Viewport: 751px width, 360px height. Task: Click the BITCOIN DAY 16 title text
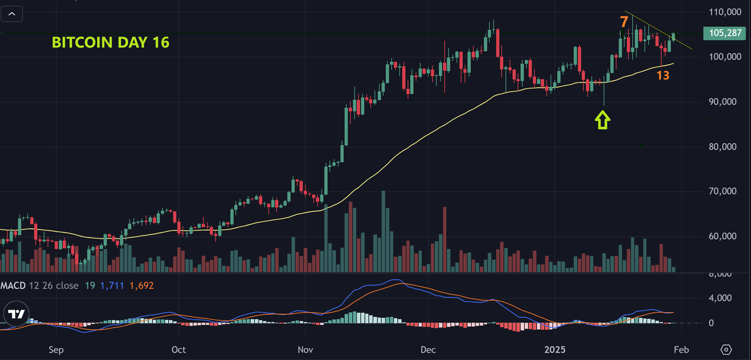click(111, 42)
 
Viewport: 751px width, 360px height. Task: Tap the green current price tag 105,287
click(724, 33)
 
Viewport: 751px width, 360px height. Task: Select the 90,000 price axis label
click(723, 102)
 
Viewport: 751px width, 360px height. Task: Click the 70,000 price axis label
click(723, 191)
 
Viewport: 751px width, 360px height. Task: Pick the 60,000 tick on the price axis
click(723, 236)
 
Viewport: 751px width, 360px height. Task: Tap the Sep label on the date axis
click(56, 350)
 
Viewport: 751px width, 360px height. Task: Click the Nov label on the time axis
click(305, 350)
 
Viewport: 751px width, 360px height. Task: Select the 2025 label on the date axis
click(555, 350)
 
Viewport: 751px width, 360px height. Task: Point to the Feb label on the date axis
click(681, 350)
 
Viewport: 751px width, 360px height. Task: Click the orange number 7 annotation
click(624, 22)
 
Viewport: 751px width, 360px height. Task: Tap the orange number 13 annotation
click(662, 75)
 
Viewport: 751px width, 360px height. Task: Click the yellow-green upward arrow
click(603, 120)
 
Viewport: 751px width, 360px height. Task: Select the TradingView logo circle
click(17, 314)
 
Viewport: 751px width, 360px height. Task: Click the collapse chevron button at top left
click(12, 14)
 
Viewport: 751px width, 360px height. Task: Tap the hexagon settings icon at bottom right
click(726, 350)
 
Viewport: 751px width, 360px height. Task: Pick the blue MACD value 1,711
click(112, 285)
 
